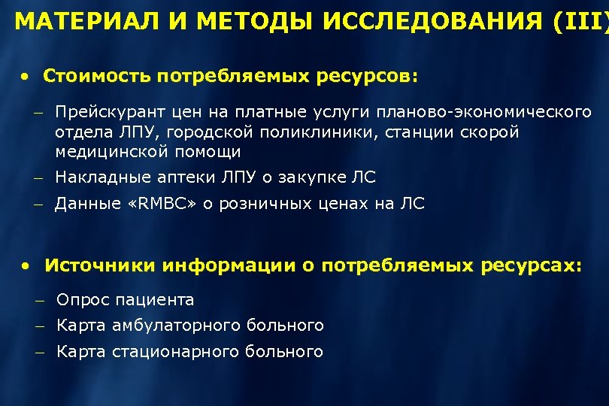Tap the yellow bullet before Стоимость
click(x=26, y=77)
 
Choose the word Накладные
click(x=97, y=177)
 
